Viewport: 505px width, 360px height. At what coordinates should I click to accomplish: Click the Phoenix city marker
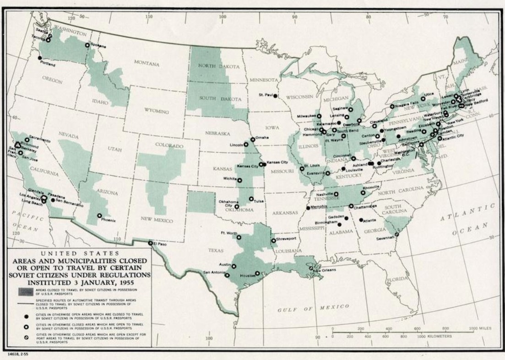(x=99, y=215)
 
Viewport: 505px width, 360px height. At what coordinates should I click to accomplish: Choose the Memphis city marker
(x=307, y=208)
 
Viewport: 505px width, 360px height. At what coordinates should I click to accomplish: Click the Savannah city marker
(x=396, y=234)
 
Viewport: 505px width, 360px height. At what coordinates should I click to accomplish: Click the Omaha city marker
(x=252, y=140)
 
